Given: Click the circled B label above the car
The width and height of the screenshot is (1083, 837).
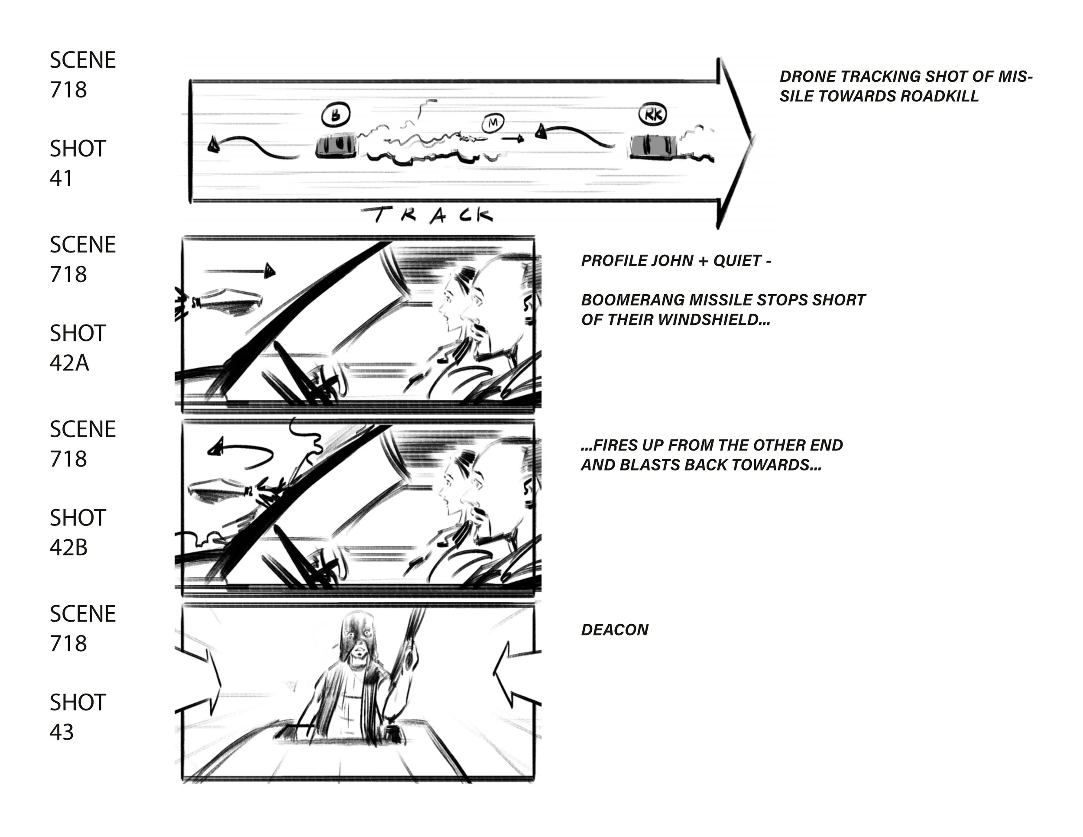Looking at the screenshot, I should point(336,115).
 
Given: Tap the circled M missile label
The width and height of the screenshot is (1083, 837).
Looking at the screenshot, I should point(493,122).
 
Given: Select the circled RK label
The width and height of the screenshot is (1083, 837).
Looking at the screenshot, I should point(652,115).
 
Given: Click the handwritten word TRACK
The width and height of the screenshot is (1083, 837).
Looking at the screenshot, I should point(428,215).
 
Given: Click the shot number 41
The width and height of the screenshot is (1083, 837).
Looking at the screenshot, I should point(61,178).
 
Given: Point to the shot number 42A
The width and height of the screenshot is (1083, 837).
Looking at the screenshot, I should point(69,363).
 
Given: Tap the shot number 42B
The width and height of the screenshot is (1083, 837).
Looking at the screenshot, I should point(68,548).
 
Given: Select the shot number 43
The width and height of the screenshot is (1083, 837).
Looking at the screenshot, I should point(62,732).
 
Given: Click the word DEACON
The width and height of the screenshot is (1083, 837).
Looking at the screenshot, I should point(614,630).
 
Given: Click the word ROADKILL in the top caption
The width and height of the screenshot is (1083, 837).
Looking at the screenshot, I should point(939,96).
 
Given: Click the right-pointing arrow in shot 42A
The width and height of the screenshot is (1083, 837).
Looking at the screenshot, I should point(240,271).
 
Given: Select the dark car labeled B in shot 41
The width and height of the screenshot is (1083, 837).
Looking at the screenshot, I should point(336,146).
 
